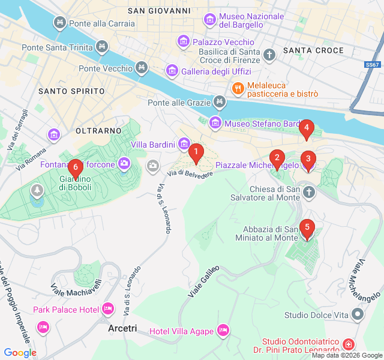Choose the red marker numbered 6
coord(75,169)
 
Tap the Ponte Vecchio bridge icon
coord(142,68)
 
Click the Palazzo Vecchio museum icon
coord(184,42)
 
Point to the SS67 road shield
coord(372,64)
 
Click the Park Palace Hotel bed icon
coord(108,309)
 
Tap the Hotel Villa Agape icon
coord(223,331)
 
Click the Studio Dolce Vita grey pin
coord(358,314)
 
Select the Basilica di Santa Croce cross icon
coord(270,55)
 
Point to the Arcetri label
coord(122,329)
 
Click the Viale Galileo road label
coord(204,281)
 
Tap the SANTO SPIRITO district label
coord(71,91)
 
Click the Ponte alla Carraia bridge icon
coord(60,23)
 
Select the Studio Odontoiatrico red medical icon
coord(349,344)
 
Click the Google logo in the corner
coord(20,353)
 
